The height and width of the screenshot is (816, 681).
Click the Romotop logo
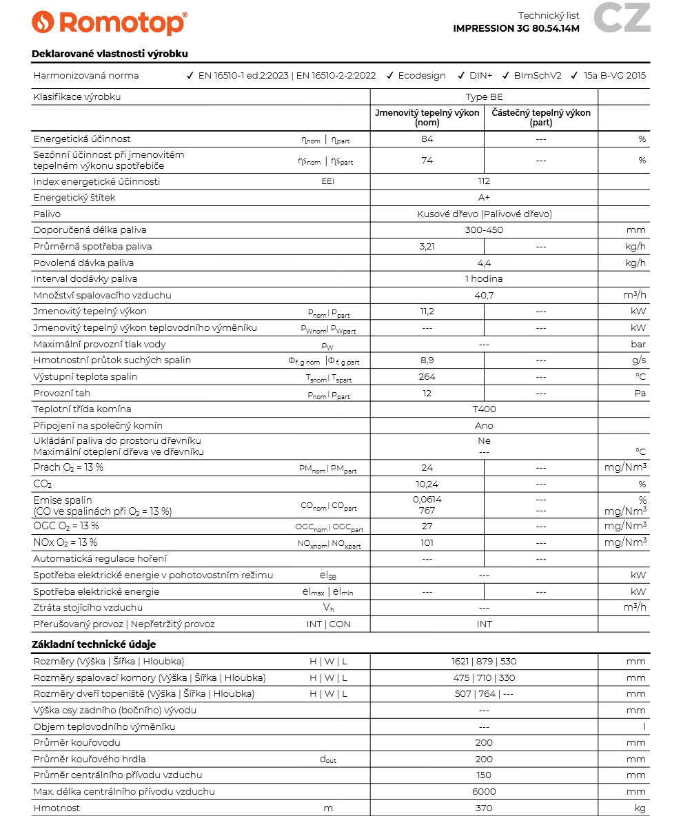109,22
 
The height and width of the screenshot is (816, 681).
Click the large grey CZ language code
622,19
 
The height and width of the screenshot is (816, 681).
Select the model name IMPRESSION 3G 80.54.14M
516,28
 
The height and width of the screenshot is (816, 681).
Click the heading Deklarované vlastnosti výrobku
110,54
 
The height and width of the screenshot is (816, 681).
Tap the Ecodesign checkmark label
422,76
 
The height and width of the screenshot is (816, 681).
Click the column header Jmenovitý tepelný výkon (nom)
427,117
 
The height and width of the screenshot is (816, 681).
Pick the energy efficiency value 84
427,139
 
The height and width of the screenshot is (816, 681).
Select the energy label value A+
484,198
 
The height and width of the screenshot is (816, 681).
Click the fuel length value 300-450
484,230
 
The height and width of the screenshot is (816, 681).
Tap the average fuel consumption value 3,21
427,247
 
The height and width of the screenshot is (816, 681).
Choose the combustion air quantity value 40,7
484,296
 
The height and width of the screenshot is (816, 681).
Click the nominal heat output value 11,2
427,312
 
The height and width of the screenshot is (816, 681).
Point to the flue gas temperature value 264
427,377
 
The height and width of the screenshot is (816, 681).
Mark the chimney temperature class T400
484,409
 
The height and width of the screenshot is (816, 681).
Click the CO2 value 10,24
427,484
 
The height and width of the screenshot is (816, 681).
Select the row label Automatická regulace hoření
100,559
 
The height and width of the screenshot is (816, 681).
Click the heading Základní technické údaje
94,644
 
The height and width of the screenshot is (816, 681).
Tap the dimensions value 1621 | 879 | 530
484,662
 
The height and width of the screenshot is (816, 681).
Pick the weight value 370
484,808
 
